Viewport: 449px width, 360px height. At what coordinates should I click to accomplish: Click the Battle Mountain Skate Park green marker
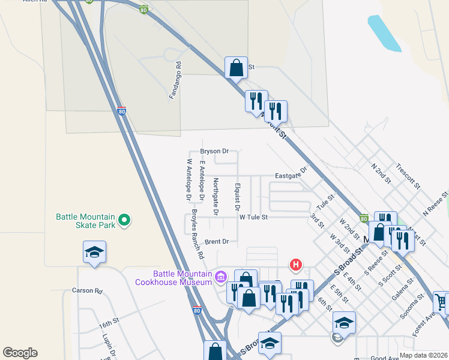(124, 221)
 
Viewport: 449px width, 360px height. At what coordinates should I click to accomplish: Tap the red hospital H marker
(295, 264)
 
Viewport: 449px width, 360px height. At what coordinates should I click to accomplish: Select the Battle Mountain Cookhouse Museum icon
(220, 277)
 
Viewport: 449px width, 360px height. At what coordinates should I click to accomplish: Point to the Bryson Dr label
(215, 152)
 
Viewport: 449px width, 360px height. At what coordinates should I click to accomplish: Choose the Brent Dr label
(217, 242)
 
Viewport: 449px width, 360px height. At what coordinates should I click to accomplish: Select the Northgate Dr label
(215, 197)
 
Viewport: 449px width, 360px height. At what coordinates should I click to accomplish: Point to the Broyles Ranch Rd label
(197, 234)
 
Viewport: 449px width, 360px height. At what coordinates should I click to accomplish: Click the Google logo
(20, 353)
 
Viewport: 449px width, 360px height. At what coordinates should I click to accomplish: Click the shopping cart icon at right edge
(441, 302)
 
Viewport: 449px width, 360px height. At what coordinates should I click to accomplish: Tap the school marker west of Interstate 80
(95, 251)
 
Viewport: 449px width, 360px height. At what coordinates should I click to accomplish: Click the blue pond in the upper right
(384, 33)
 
